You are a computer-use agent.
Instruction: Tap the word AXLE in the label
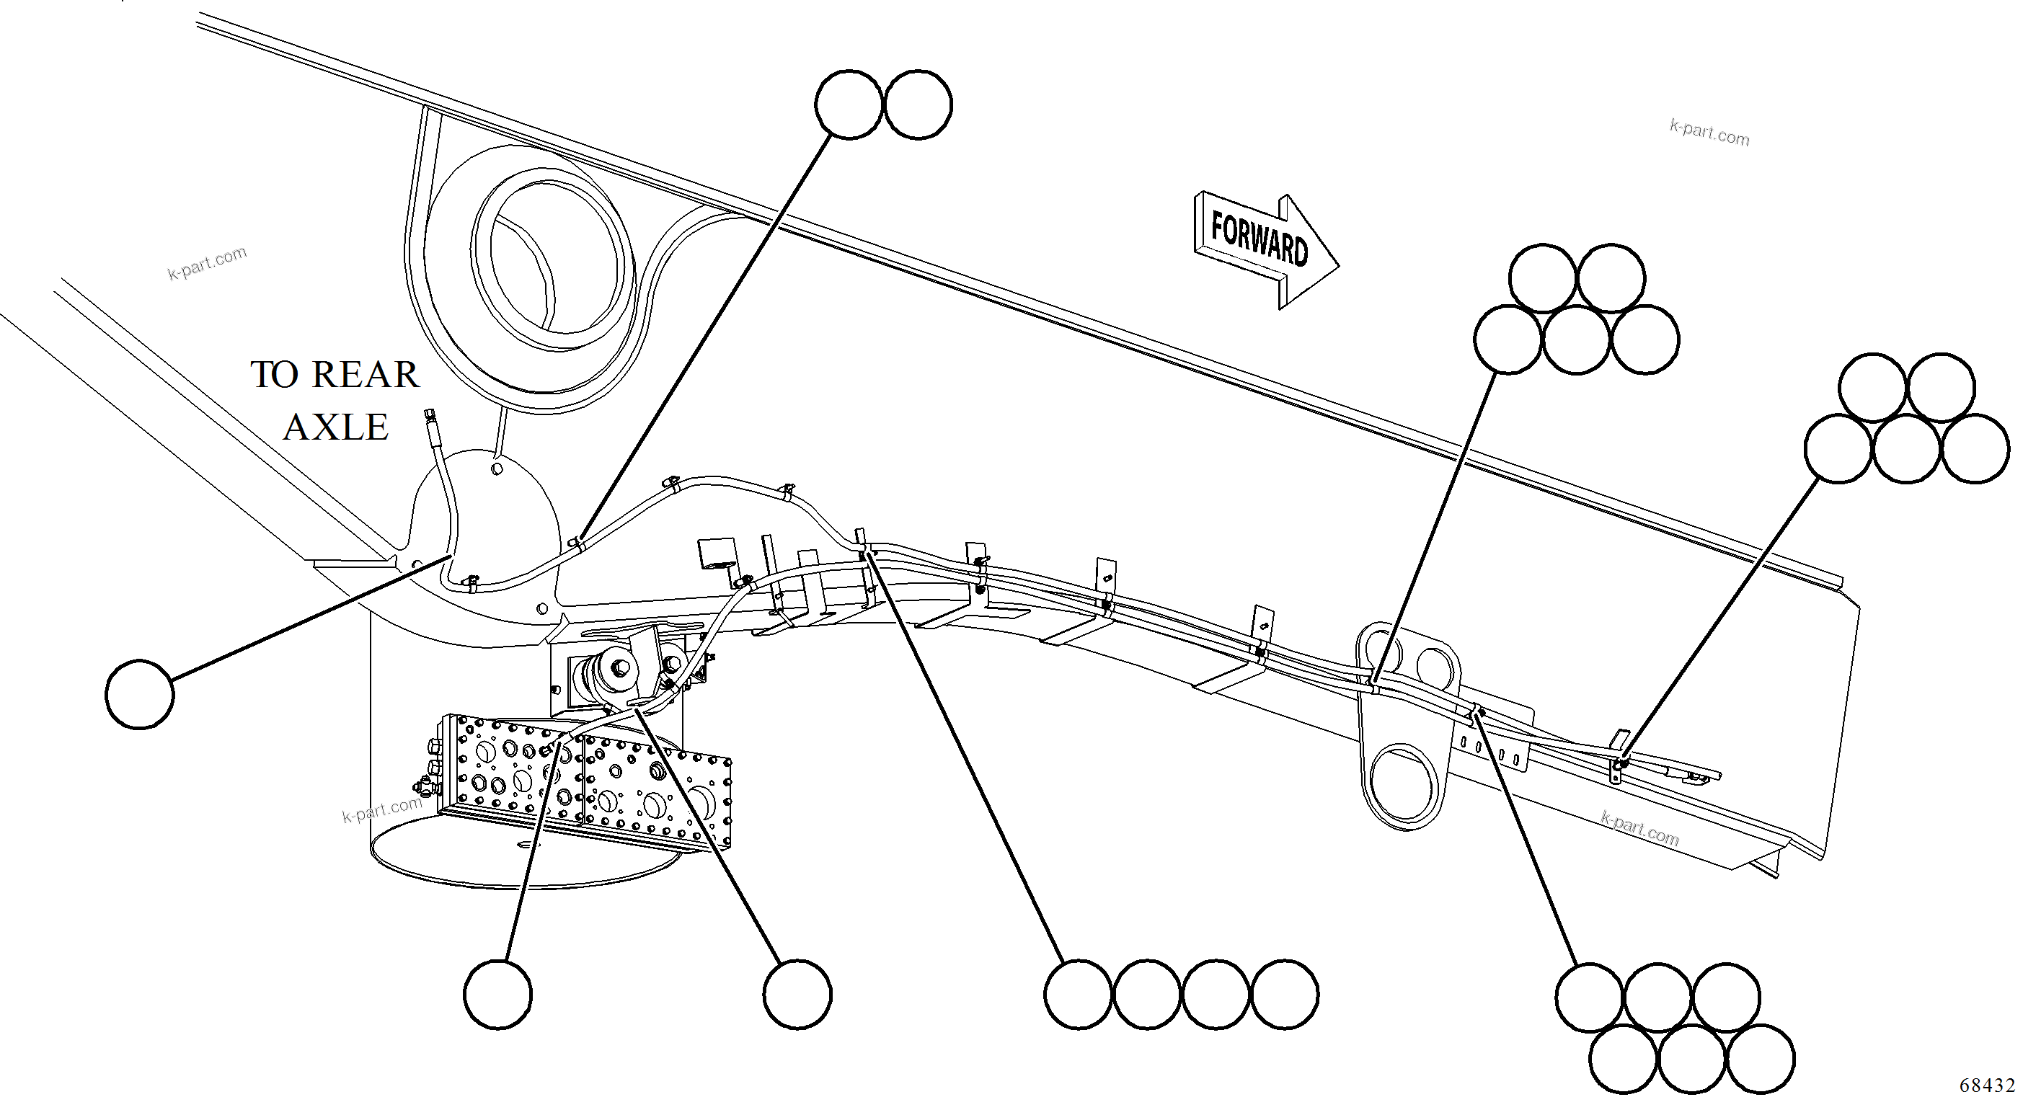tap(335, 428)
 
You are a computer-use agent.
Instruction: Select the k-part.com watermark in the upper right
tap(1709, 133)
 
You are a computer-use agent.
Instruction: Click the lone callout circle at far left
tap(140, 695)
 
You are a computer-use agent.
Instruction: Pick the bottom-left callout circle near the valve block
tap(497, 994)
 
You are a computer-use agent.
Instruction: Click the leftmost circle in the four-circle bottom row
tap(1079, 994)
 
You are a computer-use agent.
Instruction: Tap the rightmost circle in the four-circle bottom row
tap(1285, 994)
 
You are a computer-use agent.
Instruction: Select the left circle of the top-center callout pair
tap(849, 105)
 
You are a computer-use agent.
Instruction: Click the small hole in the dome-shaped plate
tap(496, 468)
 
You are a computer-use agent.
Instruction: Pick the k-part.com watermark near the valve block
tap(382, 809)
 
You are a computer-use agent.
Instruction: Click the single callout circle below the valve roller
tap(797, 994)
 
